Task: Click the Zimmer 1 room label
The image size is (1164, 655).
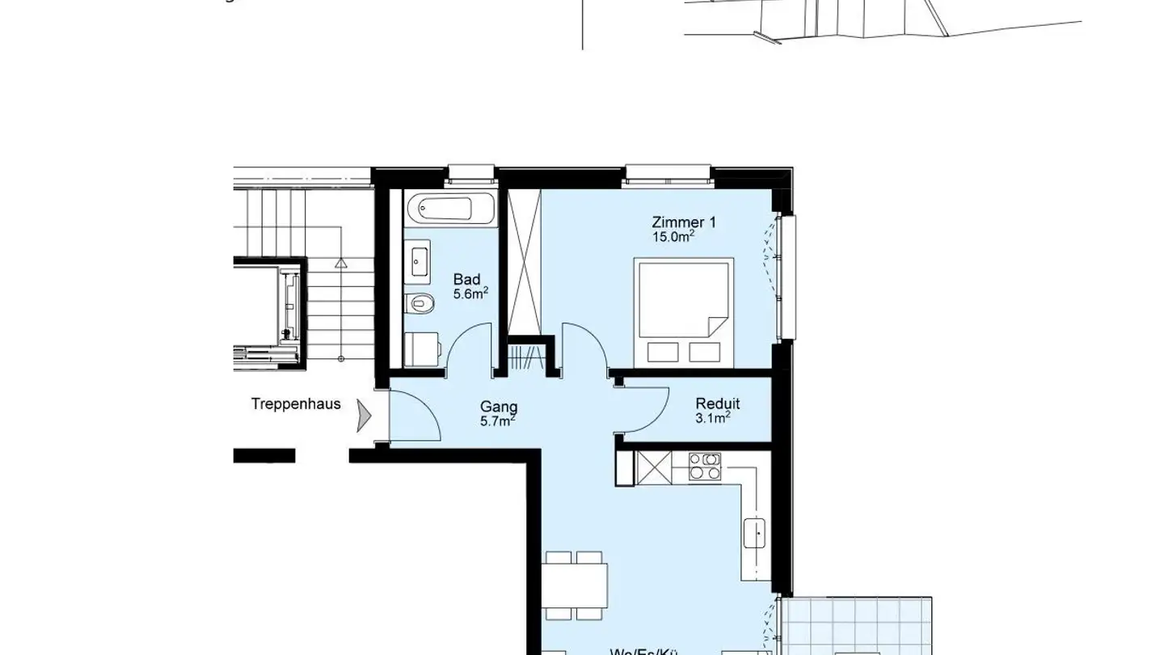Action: (x=684, y=222)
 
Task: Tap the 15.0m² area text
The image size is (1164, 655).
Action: (x=673, y=237)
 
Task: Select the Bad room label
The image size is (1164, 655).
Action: (x=466, y=280)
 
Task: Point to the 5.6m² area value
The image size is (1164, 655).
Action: (x=470, y=294)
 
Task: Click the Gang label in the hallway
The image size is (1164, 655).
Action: (x=499, y=407)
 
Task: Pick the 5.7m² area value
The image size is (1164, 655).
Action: (x=498, y=421)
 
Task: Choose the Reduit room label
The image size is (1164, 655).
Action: (x=717, y=404)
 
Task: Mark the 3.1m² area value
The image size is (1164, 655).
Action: (x=713, y=418)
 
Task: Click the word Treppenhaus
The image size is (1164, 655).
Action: (x=296, y=404)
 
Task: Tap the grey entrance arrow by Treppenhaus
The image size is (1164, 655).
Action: (x=364, y=416)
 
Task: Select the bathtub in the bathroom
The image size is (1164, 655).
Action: (x=440, y=209)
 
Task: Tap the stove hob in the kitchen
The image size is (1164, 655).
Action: (x=704, y=466)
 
